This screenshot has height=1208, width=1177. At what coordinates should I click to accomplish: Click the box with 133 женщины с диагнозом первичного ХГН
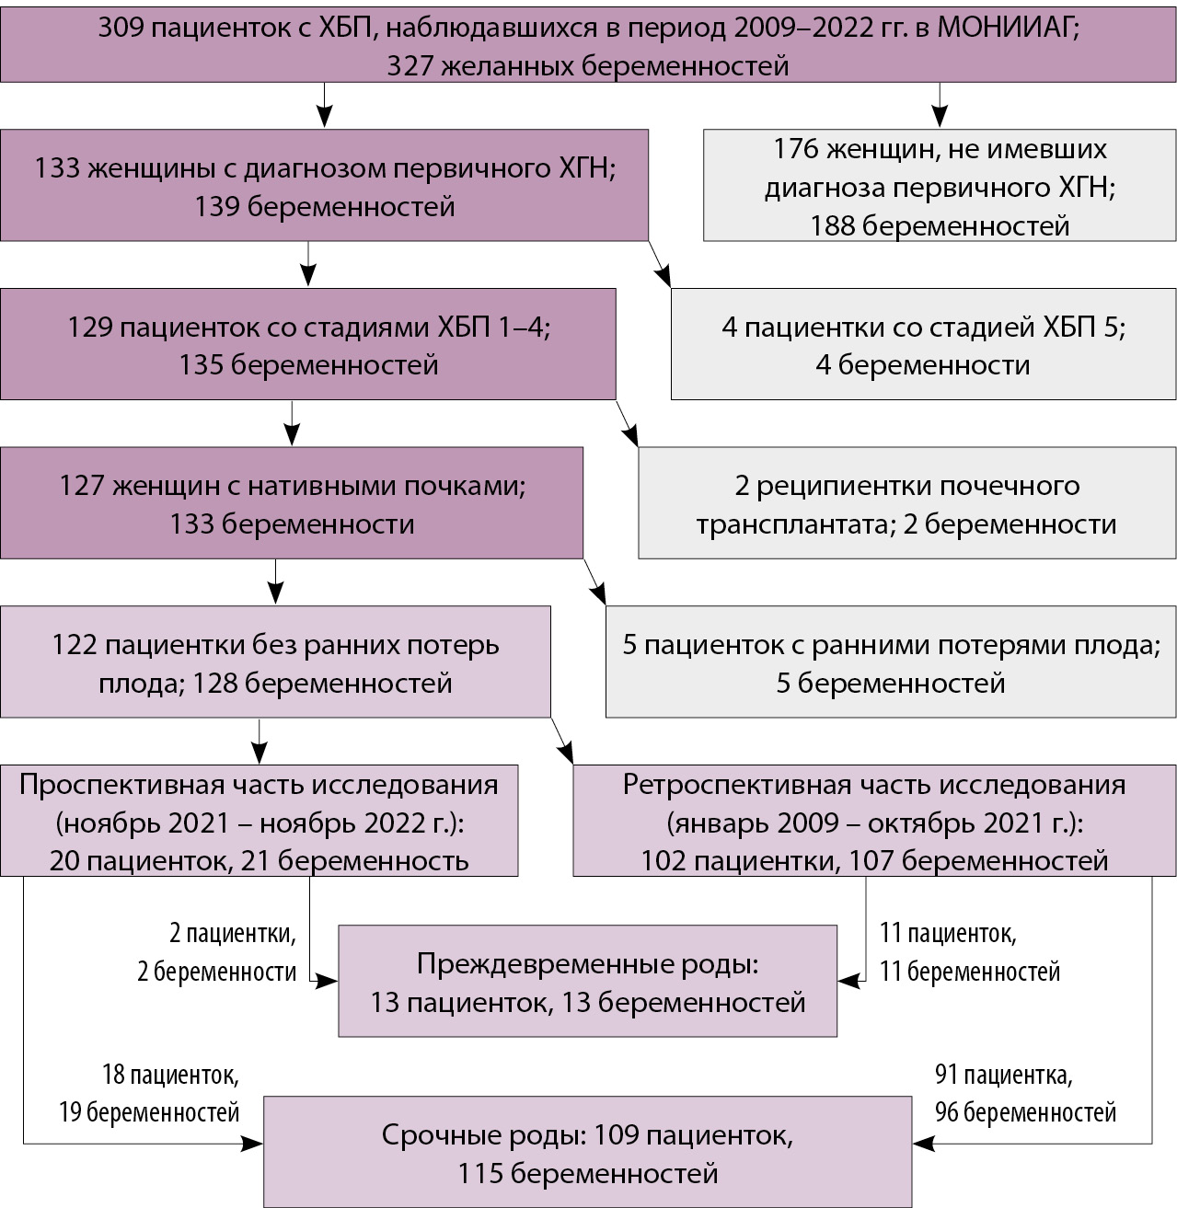pyautogui.click(x=324, y=186)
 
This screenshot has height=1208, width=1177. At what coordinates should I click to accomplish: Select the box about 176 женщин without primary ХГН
pyautogui.click(x=940, y=187)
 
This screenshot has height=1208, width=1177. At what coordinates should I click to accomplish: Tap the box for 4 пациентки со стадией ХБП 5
pyautogui.click(x=923, y=345)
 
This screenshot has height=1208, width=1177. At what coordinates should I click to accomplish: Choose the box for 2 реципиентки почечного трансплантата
pyautogui.click(x=906, y=504)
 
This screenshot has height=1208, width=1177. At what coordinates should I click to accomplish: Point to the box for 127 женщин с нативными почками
pyautogui.click(x=292, y=503)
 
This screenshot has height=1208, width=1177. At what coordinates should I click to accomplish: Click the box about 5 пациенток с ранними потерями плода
pyautogui.click(x=890, y=662)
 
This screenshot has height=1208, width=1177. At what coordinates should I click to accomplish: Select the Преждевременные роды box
pyautogui.click(x=587, y=982)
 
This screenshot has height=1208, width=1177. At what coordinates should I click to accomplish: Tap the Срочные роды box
pyautogui.click(x=587, y=1153)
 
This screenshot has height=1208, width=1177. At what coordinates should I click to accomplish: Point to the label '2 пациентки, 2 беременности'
pyautogui.click(x=218, y=952)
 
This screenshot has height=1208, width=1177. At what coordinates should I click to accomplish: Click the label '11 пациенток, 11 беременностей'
pyautogui.click(x=969, y=952)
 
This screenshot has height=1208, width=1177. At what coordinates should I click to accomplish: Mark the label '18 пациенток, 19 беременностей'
pyautogui.click(x=149, y=1093)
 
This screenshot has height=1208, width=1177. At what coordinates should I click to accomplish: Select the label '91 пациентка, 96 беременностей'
pyautogui.click(x=1025, y=1093)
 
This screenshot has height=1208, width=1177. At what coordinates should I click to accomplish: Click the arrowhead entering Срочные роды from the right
pyautogui.click(x=922, y=1144)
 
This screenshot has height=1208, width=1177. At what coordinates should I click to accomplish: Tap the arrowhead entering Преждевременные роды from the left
pyautogui.click(x=329, y=982)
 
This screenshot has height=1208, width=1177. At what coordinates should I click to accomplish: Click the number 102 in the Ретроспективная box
pyautogui.click(x=664, y=861)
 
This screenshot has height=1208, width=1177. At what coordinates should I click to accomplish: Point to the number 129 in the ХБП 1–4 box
pyautogui.click(x=89, y=328)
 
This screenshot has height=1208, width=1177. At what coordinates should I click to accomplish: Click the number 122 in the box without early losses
pyautogui.click(x=74, y=645)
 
